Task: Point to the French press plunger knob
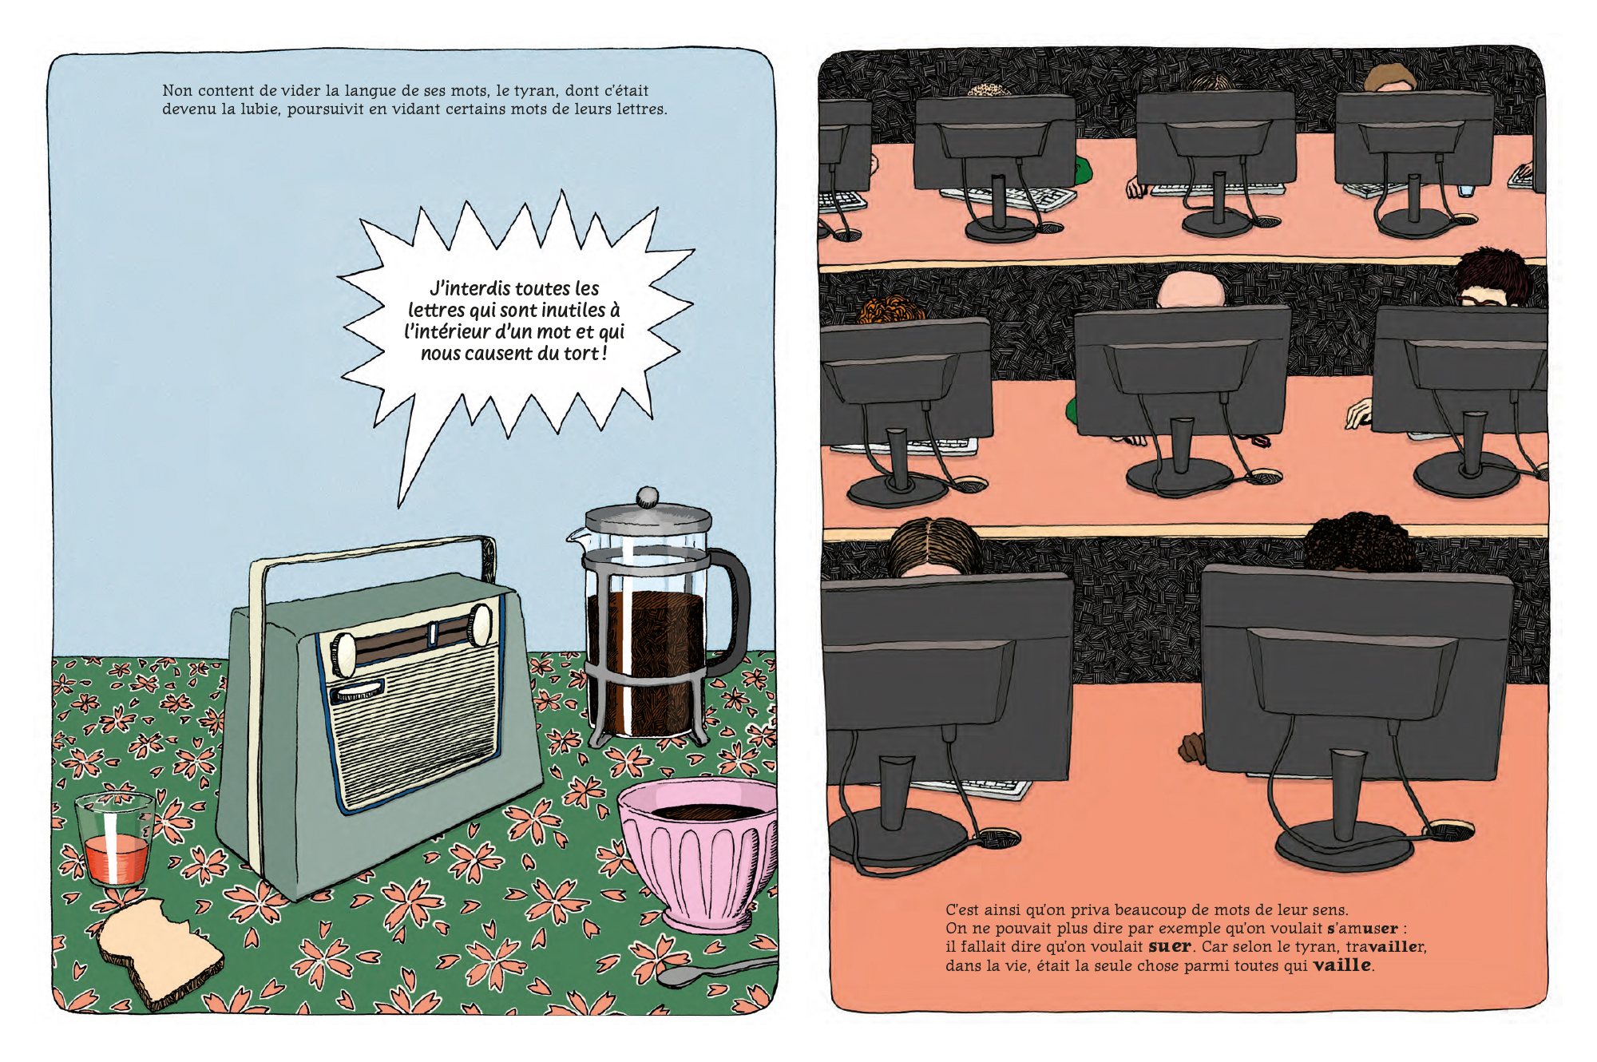pos(648,497)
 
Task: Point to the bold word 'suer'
pos(1170,946)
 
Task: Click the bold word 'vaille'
pos(1342,965)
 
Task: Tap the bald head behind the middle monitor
pos(1191,290)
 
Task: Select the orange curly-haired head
pos(890,310)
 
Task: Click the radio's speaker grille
pos(415,727)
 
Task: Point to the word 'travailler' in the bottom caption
pos(1385,946)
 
